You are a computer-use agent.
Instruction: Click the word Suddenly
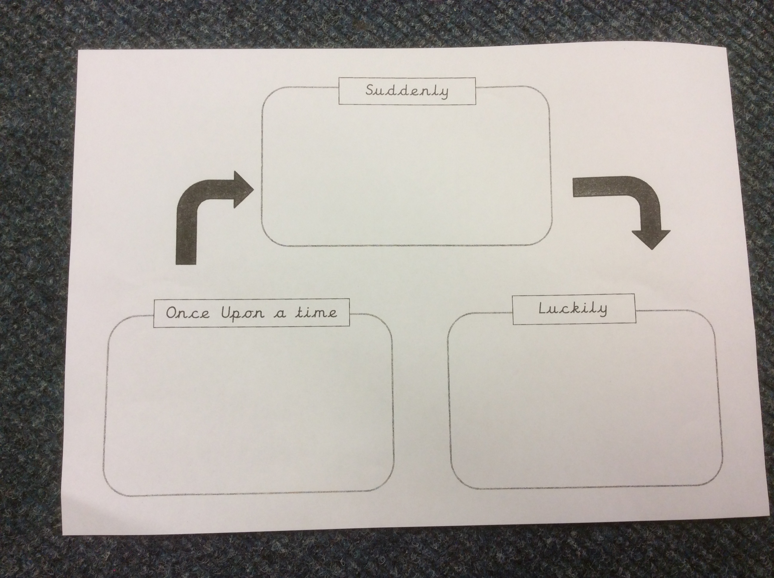click(407, 91)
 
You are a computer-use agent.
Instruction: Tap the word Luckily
click(573, 309)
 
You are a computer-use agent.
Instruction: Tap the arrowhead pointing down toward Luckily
click(651, 239)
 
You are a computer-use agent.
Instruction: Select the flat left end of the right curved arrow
click(574, 187)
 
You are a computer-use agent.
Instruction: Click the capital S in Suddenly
click(371, 90)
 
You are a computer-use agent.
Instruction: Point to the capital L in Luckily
click(543, 308)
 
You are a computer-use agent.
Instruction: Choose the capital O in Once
click(171, 313)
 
